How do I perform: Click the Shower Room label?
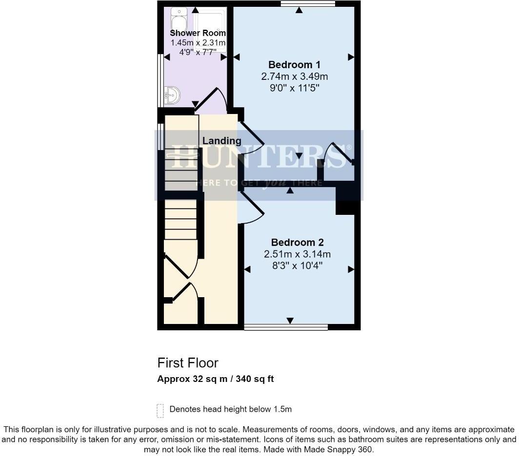coord(198,33)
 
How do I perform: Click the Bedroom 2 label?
coord(297,243)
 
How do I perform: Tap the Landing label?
coord(222,141)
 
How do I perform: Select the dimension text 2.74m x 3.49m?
coord(294,76)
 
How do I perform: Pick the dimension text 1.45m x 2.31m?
coord(198,43)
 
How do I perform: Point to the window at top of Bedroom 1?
coord(308,4)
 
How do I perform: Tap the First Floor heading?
coord(188,363)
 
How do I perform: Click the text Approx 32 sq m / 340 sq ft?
coord(216,379)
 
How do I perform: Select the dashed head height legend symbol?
coord(160,410)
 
